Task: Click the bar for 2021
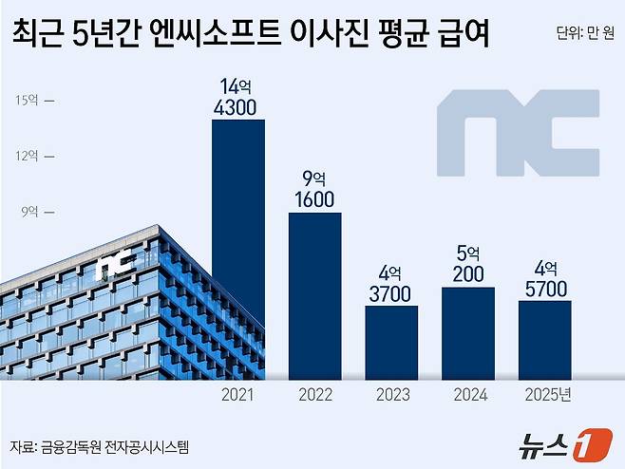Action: pyautogui.click(x=237, y=249)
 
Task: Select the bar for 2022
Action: pyautogui.click(x=314, y=295)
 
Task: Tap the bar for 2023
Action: pyautogui.click(x=391, y=342)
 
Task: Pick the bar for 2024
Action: pyautogui.click(x=468, y=332)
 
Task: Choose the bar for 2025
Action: pyautogui.click(x=545, y=339)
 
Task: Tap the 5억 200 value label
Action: pyautogui.click(x=468, y=265)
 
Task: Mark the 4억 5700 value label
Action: pyautogui.click(x=545, y=279)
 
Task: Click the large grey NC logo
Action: pyautogui.click(x=518, y=132)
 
